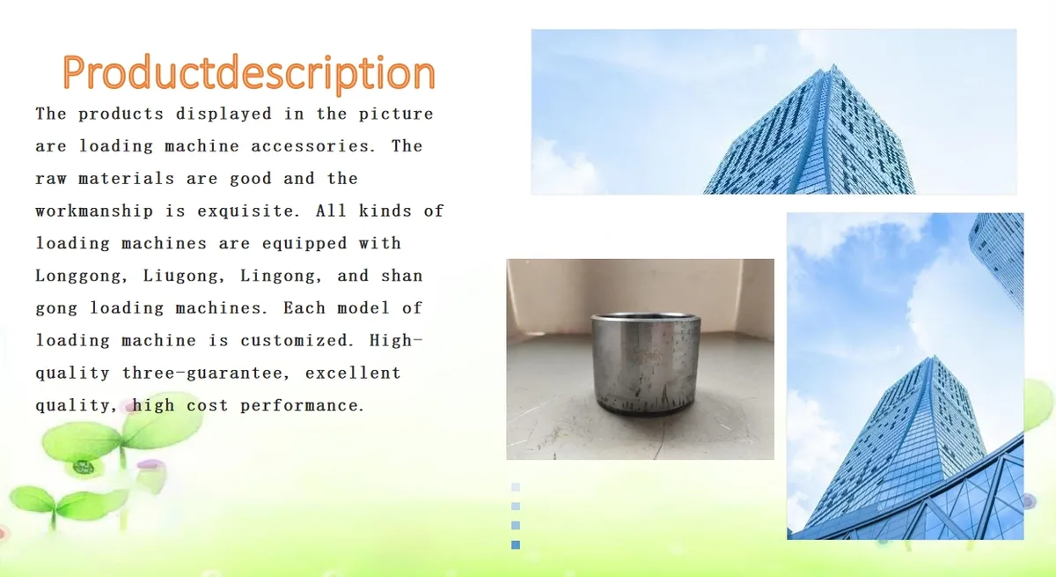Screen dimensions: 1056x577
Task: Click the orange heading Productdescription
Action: [x=248, y=72]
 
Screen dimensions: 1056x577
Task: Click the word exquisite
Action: [x=248, y=211]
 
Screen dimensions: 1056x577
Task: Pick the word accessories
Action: [x=313, y=146]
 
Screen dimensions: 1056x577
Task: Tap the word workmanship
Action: [x=94, y=211]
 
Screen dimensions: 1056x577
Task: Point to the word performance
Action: [x=302, y=405]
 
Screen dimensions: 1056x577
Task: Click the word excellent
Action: [x=353, y=374]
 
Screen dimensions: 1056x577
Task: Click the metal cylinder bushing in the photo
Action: [x=645, y=364]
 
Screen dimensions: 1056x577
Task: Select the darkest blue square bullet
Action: [x=516, y=545]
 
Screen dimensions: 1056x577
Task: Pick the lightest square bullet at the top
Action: [x=516, y=487]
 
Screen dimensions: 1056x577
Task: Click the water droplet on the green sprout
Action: [x=84, y=467]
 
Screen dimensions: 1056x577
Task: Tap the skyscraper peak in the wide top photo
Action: [x=833, y=65]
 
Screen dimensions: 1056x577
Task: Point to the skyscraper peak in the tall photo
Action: [x=934, y=357]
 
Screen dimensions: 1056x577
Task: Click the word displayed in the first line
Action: [x=224, y=115]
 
